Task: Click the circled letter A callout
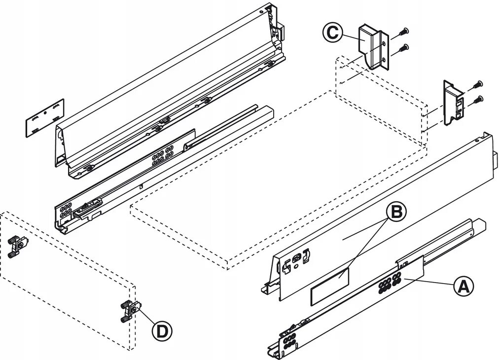point(463,287)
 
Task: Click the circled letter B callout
point(396,212)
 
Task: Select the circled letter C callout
point(332,33)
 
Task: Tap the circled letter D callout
point(161,330)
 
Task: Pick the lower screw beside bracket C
point(404,48)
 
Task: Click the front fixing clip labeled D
point(130,311)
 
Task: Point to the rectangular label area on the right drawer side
point(329,285)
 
